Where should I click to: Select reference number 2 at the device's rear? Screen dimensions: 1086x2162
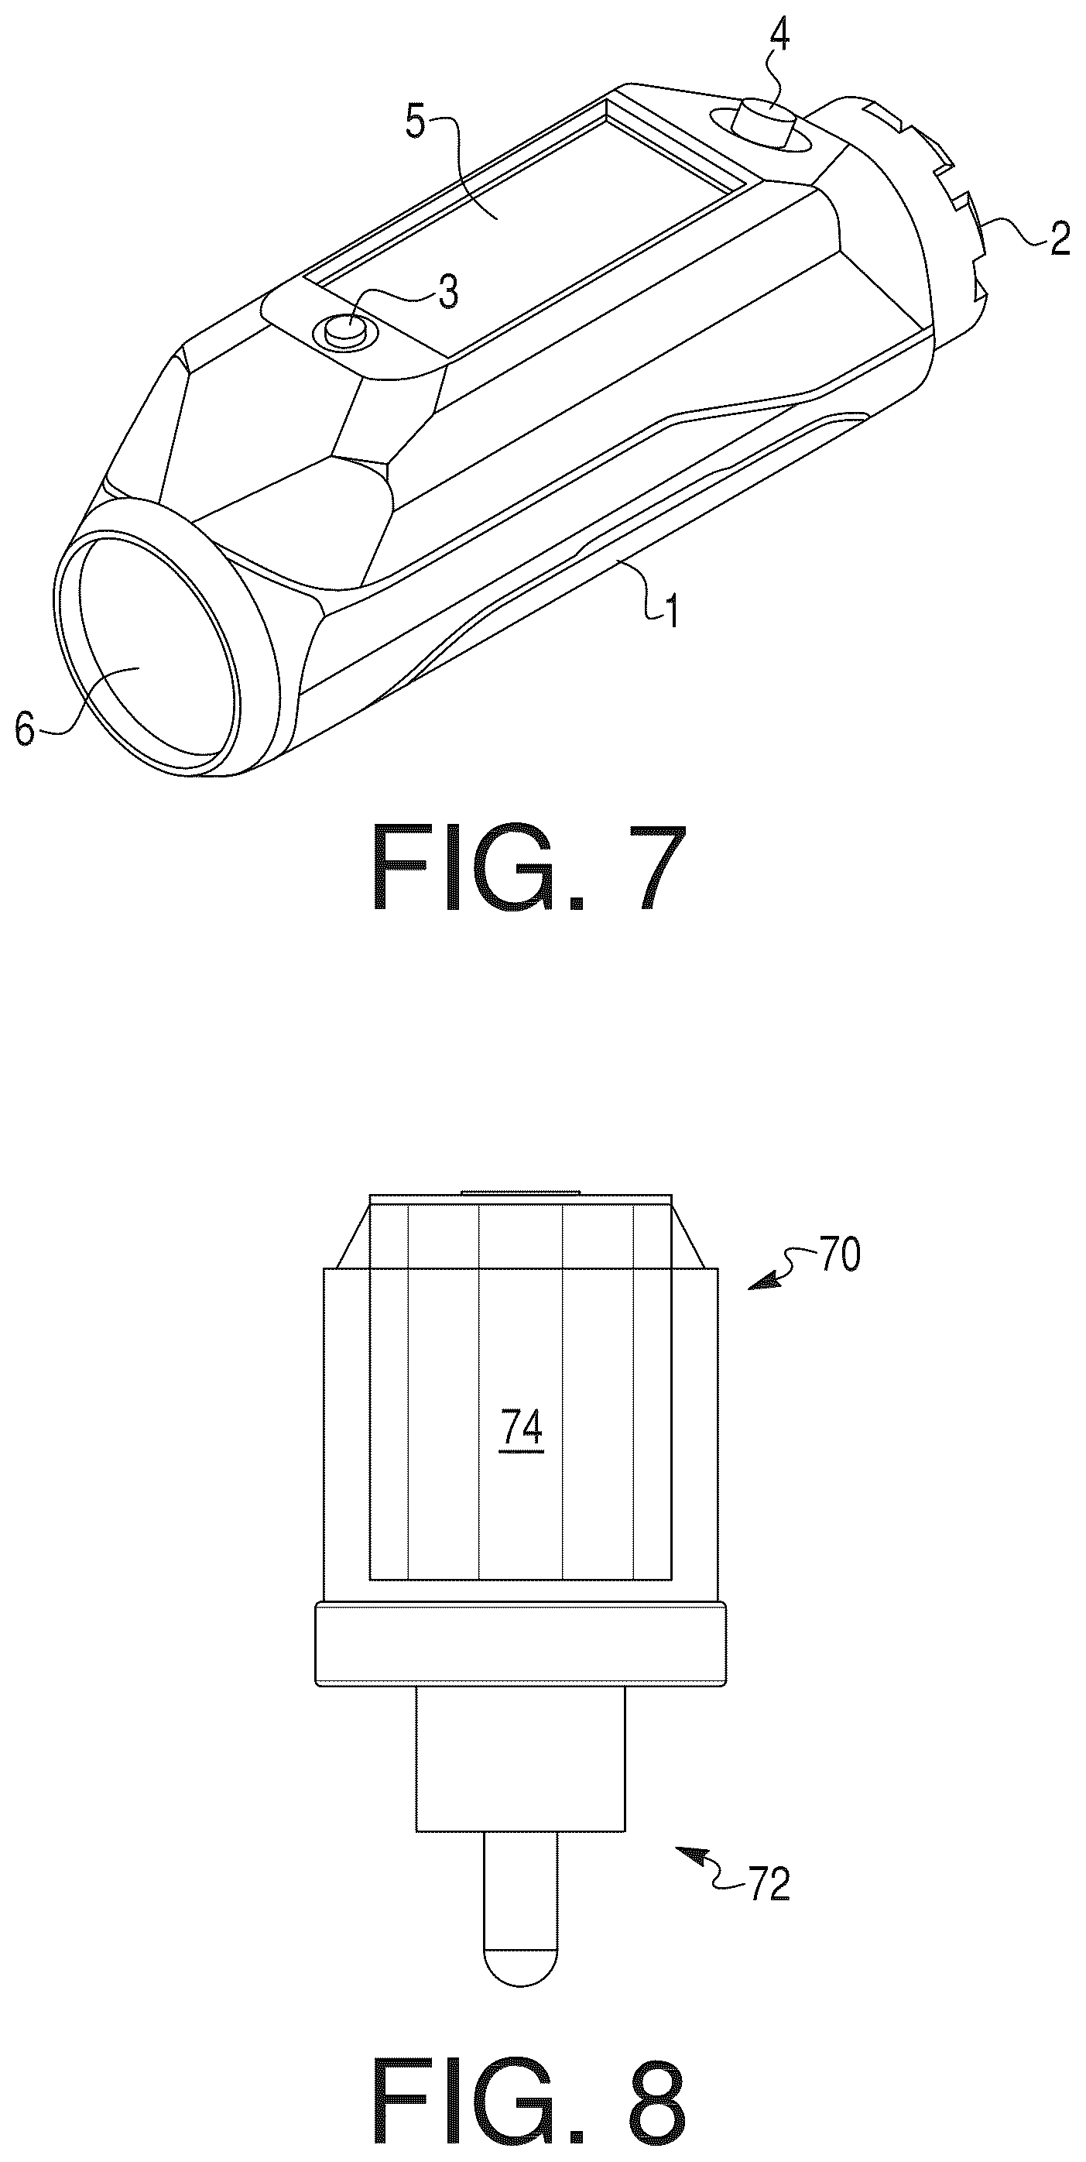(1059, 238)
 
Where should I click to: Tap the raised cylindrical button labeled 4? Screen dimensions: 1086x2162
(764, 122)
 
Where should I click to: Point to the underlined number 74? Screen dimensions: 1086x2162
(520, 1428)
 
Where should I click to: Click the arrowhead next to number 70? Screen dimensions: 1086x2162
(758, 1284)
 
